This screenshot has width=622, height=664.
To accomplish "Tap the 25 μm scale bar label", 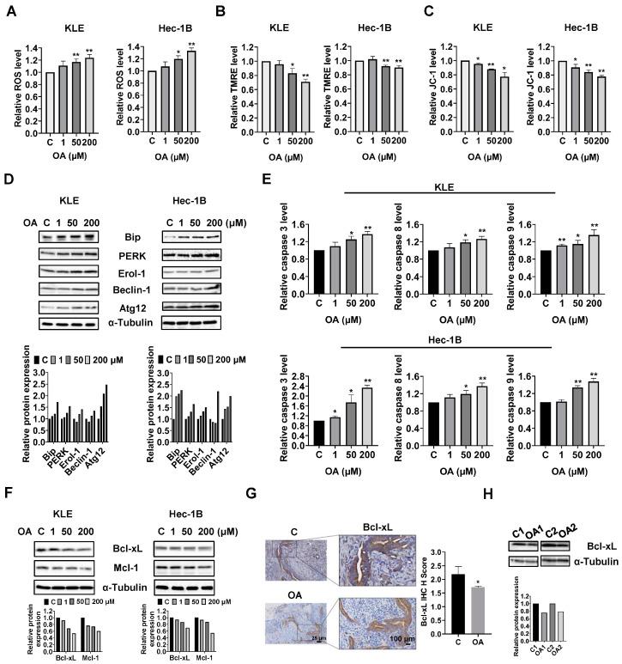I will (x=317, y=640).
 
